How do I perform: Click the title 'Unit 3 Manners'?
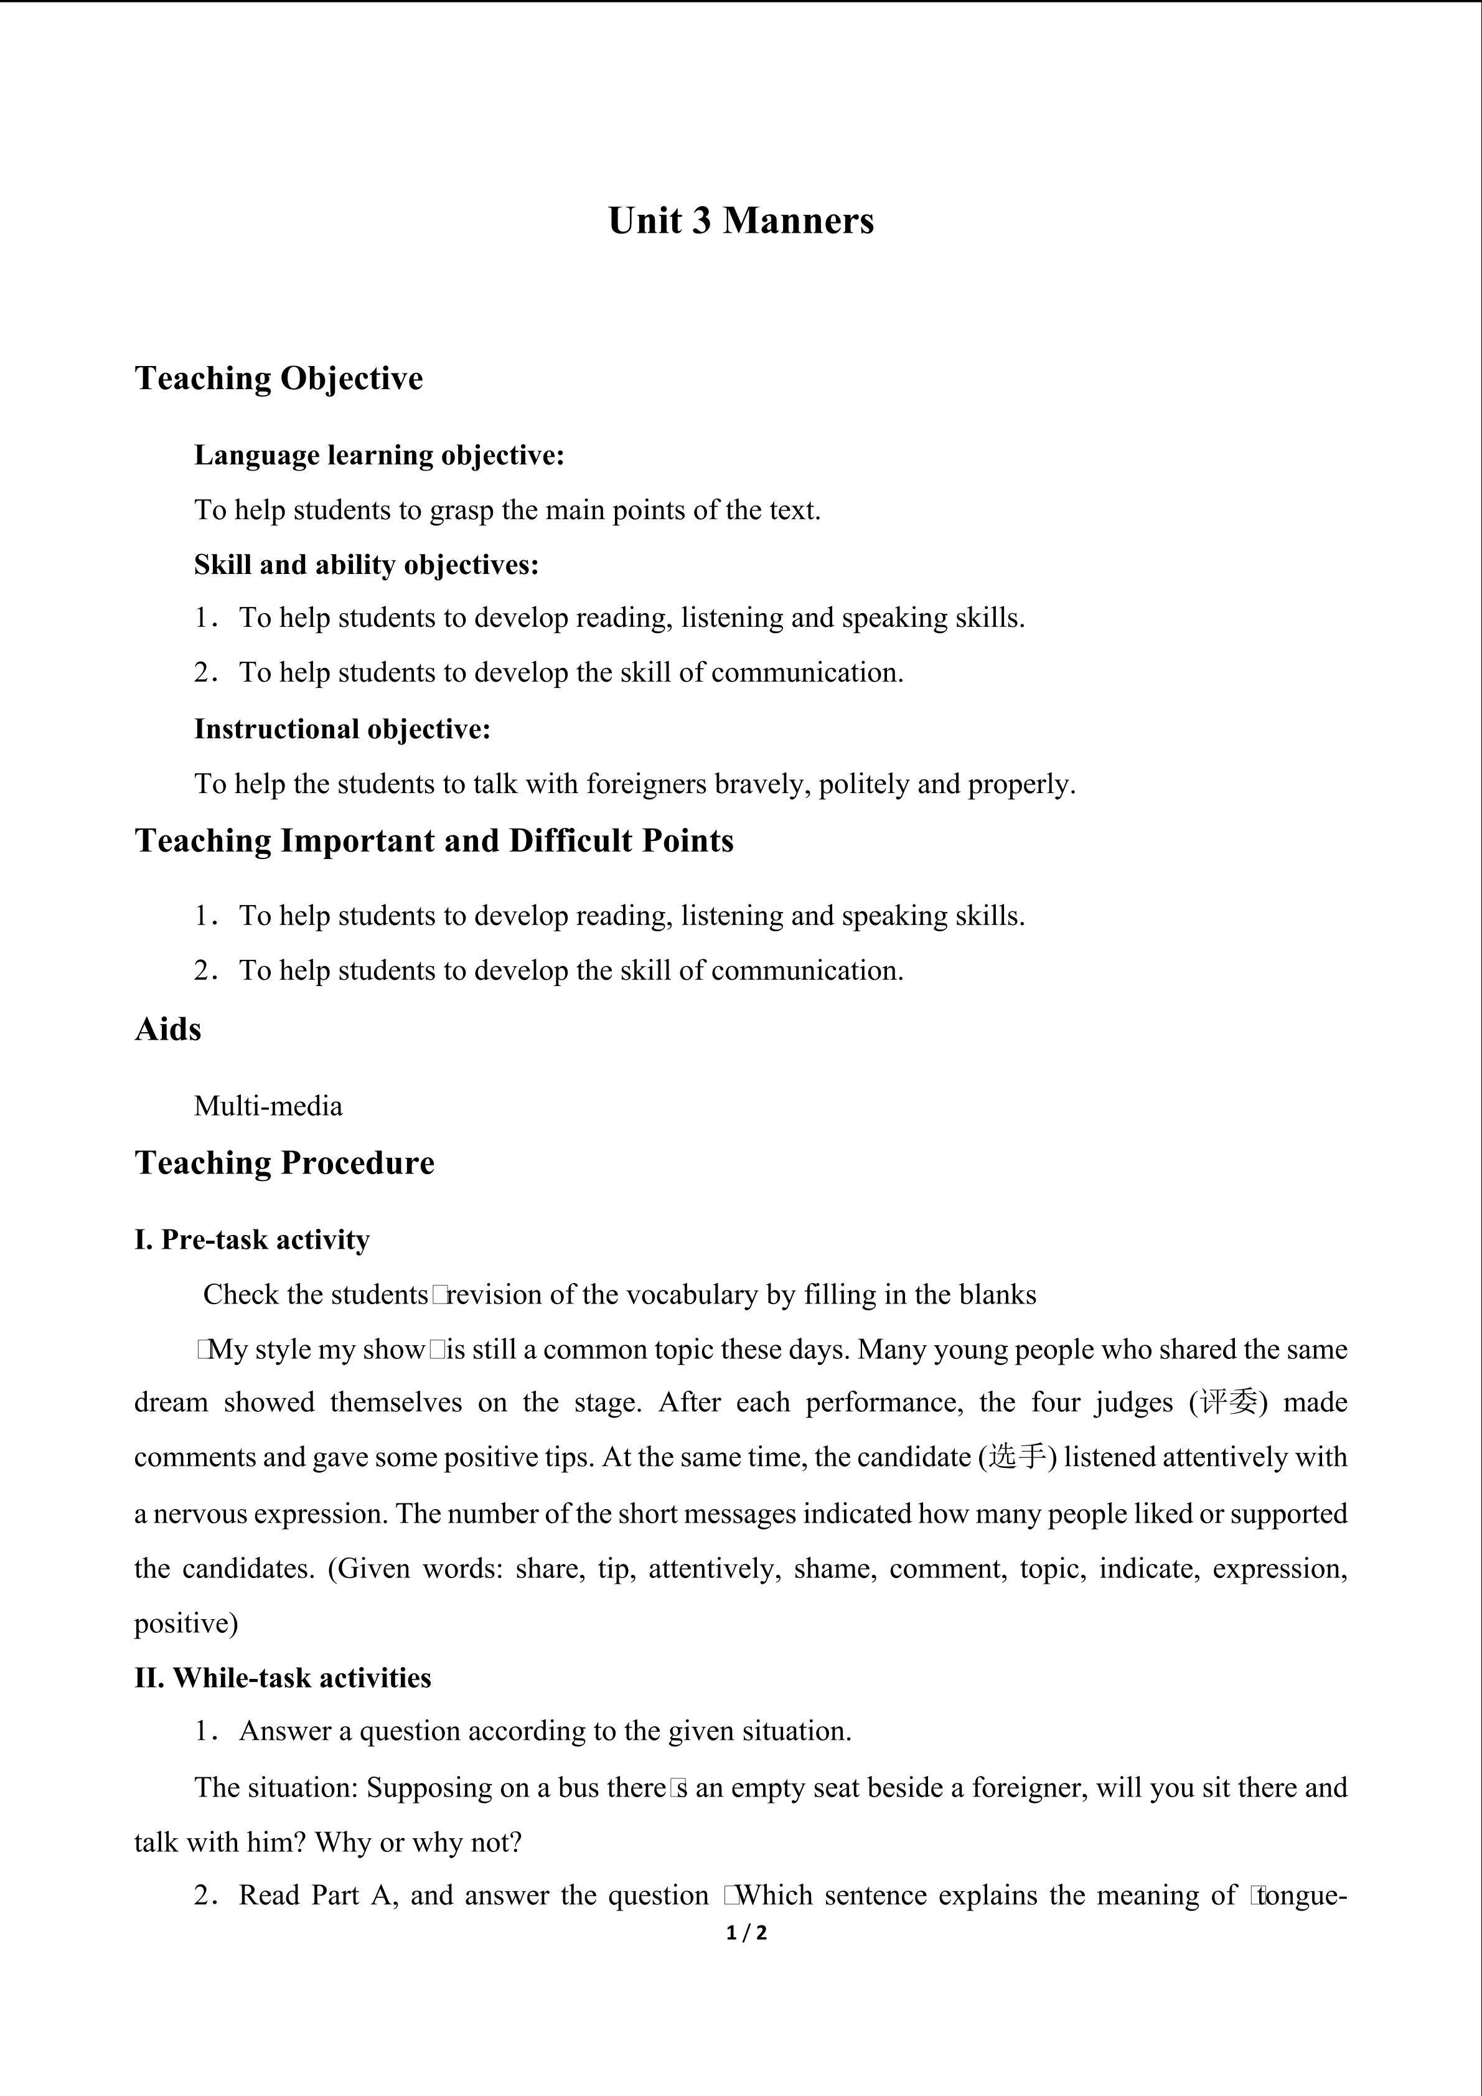point(740,221)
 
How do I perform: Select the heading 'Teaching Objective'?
point(278,378)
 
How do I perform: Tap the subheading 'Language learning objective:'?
point(378,454)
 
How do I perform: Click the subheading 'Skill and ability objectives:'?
point(366,564)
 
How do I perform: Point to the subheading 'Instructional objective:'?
point(342,728)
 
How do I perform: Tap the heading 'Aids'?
point(168,1029)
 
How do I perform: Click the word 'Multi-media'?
point(268,1106)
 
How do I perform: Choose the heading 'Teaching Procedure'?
point(284,1163)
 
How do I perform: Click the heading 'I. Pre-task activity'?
point(252,1239)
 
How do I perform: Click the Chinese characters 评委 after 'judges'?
point(1229,1402)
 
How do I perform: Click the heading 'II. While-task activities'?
point(283,1678)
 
